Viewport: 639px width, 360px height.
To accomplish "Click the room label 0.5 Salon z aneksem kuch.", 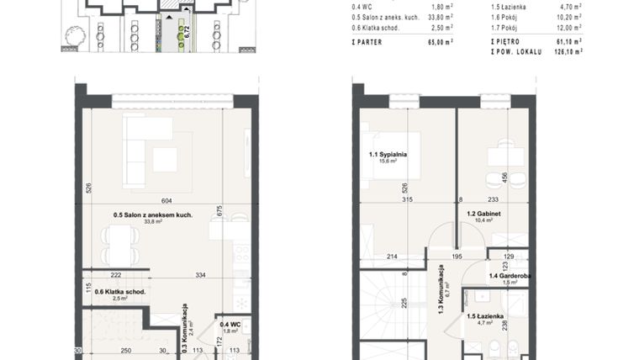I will click(x=153, y=214).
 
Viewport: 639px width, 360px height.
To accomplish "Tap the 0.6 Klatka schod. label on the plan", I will click(x=120, y=292).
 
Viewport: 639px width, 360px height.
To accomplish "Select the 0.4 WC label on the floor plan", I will click(x=229, y=324).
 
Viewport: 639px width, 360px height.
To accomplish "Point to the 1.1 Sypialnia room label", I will click(x=388, y=155).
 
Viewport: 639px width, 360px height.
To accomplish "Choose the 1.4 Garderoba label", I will click(x=510, y=275).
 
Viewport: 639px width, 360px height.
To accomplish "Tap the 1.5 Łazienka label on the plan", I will click(x=485, y=316).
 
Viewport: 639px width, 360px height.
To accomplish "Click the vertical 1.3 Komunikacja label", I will click(x=440, y=289).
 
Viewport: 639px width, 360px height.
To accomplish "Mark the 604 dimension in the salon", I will click(x=166, y=200).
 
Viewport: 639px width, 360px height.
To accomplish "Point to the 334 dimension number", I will click(x=201, y=275).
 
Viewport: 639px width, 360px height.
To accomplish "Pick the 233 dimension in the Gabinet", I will click(x=492, y=199).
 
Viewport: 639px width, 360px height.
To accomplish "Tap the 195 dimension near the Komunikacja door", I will click(x=457, y=256).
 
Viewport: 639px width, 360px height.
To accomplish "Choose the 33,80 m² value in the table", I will click(x=438, y=16).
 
